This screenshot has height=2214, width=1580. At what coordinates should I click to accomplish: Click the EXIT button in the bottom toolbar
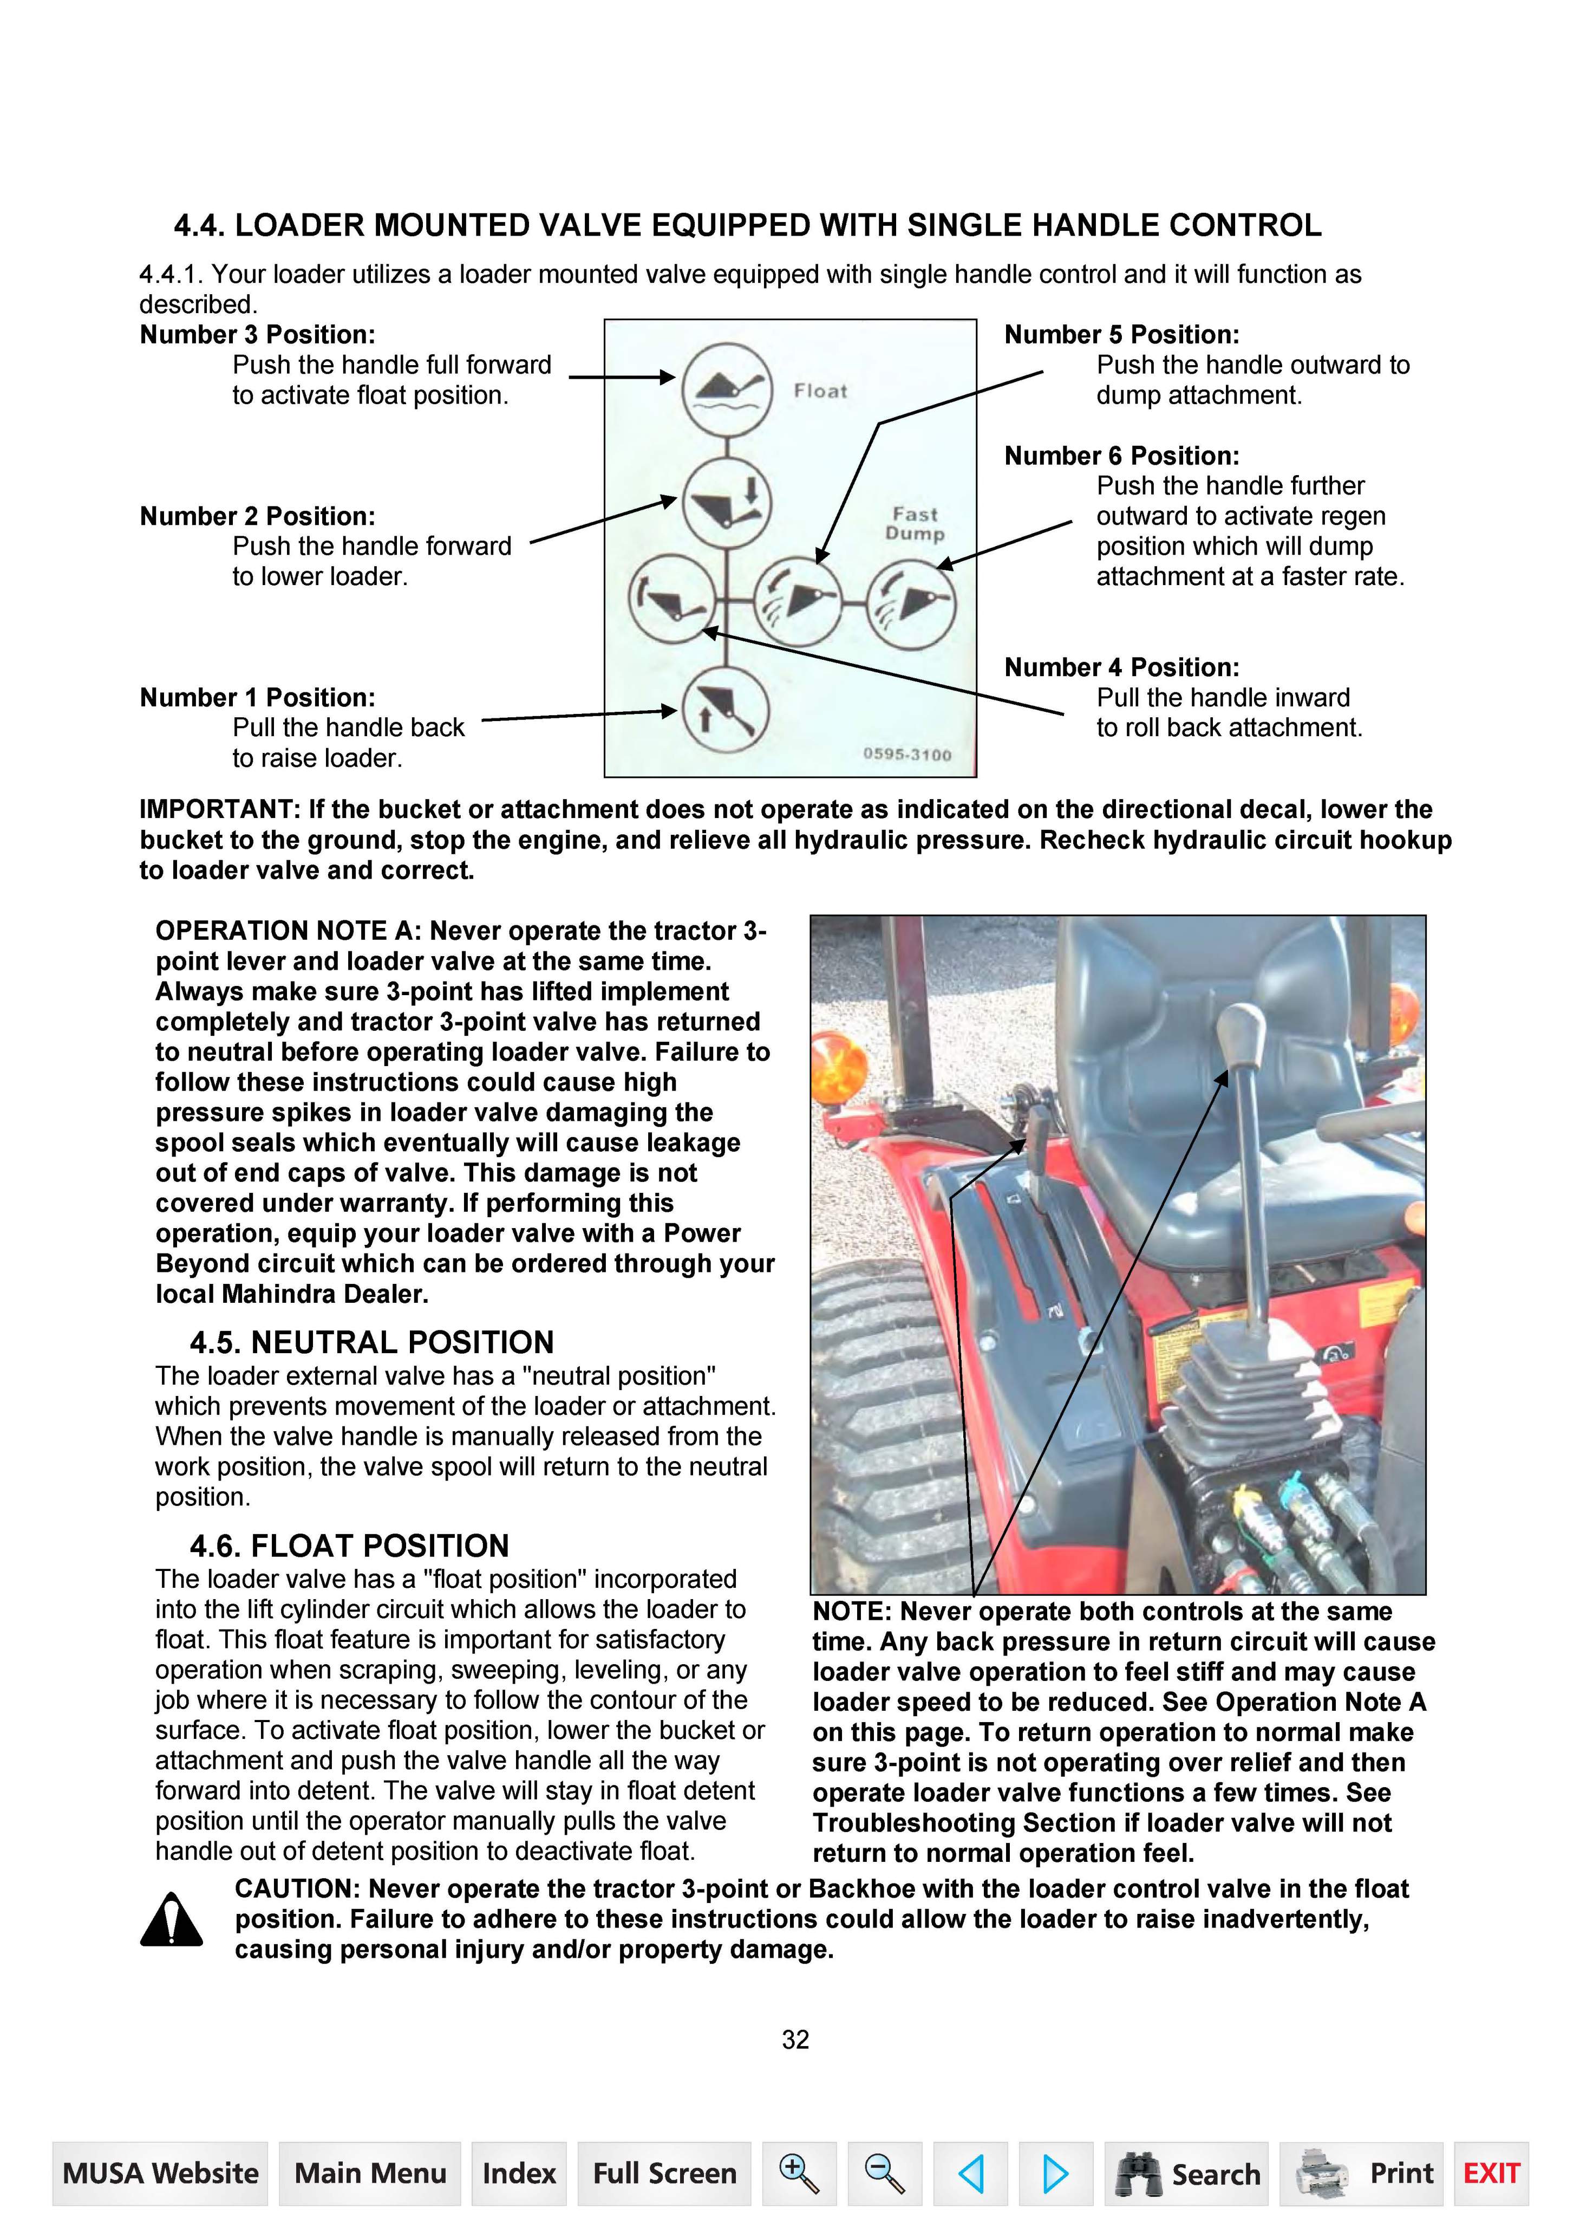pos(1491,2173)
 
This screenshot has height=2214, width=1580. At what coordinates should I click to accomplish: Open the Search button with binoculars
pos(1187,2173)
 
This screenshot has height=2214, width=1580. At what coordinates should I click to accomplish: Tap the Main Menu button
pos(370,2173)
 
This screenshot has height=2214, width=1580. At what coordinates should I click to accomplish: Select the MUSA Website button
pos(160,2173)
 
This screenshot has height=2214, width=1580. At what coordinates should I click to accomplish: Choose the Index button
pos(519,2173)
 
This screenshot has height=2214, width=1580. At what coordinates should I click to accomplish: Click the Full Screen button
pos(664,2173)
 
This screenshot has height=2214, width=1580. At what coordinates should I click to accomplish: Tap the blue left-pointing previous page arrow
pos(970,2173)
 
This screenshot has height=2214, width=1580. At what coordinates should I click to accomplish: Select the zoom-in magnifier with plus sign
pos(799,2173)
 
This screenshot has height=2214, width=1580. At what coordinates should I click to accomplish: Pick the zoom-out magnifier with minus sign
pos(884,2173)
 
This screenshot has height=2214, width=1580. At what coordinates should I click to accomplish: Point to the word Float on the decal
pos(820,391)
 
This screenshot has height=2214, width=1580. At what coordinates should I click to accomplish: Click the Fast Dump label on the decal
pos(915,524)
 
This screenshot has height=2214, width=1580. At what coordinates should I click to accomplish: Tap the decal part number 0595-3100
pos(907,754)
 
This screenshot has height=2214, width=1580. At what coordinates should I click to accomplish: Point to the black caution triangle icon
pos(171,1920)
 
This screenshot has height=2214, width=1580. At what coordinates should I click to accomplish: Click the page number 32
pos(795,2039)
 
